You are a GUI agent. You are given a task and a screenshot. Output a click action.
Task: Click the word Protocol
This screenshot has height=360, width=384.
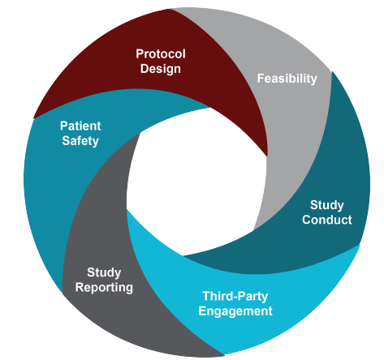pos(161,54)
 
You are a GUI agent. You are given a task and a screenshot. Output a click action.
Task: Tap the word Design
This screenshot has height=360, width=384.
pos(161,69)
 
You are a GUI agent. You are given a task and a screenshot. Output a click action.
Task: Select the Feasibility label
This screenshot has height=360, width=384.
pos(287,79)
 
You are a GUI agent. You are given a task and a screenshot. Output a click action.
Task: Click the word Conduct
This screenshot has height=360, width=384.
pos(327,220)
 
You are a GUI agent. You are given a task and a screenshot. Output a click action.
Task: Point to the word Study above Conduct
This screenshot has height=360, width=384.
pos(327,205)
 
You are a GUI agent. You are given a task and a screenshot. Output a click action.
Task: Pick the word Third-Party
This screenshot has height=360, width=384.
pos(235,297)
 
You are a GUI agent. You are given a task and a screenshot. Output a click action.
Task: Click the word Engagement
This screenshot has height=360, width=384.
pos(235,311)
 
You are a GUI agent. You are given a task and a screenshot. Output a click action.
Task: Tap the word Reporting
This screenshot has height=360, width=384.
pos(104,288)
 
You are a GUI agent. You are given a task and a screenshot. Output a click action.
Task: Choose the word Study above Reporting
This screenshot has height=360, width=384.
pos(104,272)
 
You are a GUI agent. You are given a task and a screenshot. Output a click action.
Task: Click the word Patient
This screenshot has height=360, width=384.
pos(80,126)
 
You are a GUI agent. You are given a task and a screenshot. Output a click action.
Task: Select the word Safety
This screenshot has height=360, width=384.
pos(80,141)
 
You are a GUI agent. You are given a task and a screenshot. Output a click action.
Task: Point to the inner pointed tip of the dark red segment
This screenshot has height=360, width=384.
pos(267,156)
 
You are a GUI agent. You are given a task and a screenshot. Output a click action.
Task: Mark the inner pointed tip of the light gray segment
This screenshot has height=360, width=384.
pos(253,230)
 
